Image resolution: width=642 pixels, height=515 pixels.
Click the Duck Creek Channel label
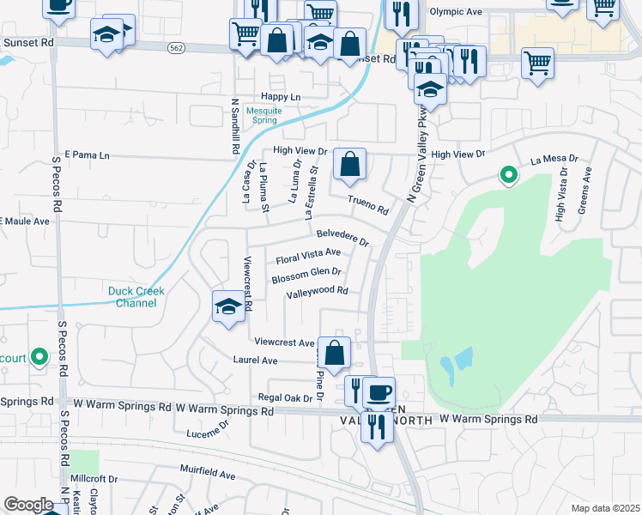pyautogui.click(x=136, y=297)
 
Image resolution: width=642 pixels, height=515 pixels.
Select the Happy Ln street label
pyautogui.click(x=282, y=97)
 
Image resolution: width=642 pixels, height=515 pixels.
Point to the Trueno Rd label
pyautogui.click(x=368, y=205)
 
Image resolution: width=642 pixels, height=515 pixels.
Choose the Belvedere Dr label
pyautogui.click(x=342, y=236)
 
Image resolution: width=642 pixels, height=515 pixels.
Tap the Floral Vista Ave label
pyautogui.click(x=308, y=256)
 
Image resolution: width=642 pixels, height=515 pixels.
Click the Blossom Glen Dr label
pyautogui.click(x=306, y=276)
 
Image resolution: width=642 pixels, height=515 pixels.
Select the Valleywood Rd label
pyautogui.click(x=318, y=291)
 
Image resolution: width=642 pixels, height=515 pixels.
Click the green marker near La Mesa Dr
pyautogui.click(x=508, y=176)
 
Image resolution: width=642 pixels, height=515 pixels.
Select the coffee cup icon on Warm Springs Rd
pyautogui.click(x=379, y=392)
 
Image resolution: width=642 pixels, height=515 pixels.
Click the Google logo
pyautogui.click(x=28, y=505)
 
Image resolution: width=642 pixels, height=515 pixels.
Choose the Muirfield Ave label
pyautogui.click(x=207, y=473)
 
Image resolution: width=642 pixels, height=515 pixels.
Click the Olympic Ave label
pyautogui.click(x=451, y=12)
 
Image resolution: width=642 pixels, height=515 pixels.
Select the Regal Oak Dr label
pyautogui.click(x=286, y=397)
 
